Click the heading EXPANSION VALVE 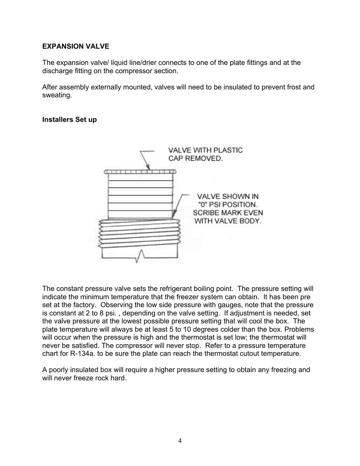[75, 46]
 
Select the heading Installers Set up [69, 120]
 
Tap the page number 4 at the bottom [180, 441]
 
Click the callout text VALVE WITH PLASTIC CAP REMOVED [205, 154]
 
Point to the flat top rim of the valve [140, 172]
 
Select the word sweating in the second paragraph [57, 95]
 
